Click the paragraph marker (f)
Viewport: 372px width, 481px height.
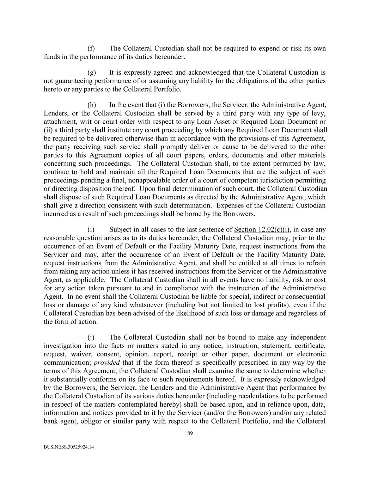(91, 49)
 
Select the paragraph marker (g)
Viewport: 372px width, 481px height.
(92, 73)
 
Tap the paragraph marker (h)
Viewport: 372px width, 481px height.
(92, 105)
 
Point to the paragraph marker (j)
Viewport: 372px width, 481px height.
(91, 338)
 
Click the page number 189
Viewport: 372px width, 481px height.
(189, 433)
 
